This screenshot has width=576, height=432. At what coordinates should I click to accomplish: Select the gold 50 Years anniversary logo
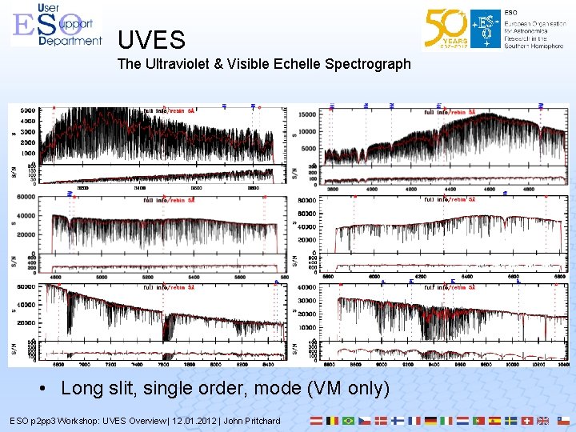(x=446, y=29)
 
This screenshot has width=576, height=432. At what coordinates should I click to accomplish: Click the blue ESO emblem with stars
(x=484, y=29)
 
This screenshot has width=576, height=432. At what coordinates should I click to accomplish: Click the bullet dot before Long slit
(x=47, y=389)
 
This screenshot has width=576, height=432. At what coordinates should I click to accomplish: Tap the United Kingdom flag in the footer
(x=542, y=420)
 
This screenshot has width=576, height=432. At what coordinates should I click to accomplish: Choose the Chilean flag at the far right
(x=563, y=420)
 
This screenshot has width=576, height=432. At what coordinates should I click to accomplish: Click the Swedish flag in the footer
(x=510, y=420)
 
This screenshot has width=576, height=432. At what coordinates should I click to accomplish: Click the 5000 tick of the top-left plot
(x=27, y=110)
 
